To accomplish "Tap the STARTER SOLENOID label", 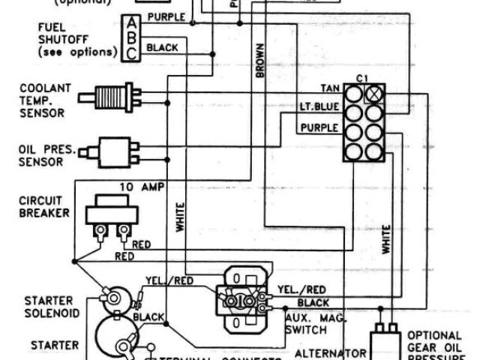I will pyautogui.click(x=46, y=305).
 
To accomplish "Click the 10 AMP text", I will pyautogui.click(x=139, y=185).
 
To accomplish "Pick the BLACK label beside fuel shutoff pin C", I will pyautogui.click(x=162, y=47).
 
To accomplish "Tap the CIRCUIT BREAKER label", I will pyautogui.click(x=46, y=207).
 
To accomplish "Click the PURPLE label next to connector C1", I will pyautogui.click(x=319, y=127).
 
